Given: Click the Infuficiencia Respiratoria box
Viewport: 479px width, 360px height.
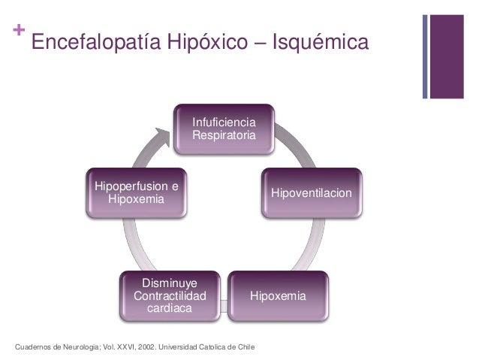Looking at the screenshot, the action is click(x=223, y=129).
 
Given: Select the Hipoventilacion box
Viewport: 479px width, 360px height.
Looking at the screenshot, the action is click(x=311, y=194).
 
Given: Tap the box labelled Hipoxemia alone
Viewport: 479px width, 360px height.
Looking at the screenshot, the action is click(x=278, y=297).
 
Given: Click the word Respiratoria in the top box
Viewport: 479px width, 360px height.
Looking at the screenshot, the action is click(x=223, y=135).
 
